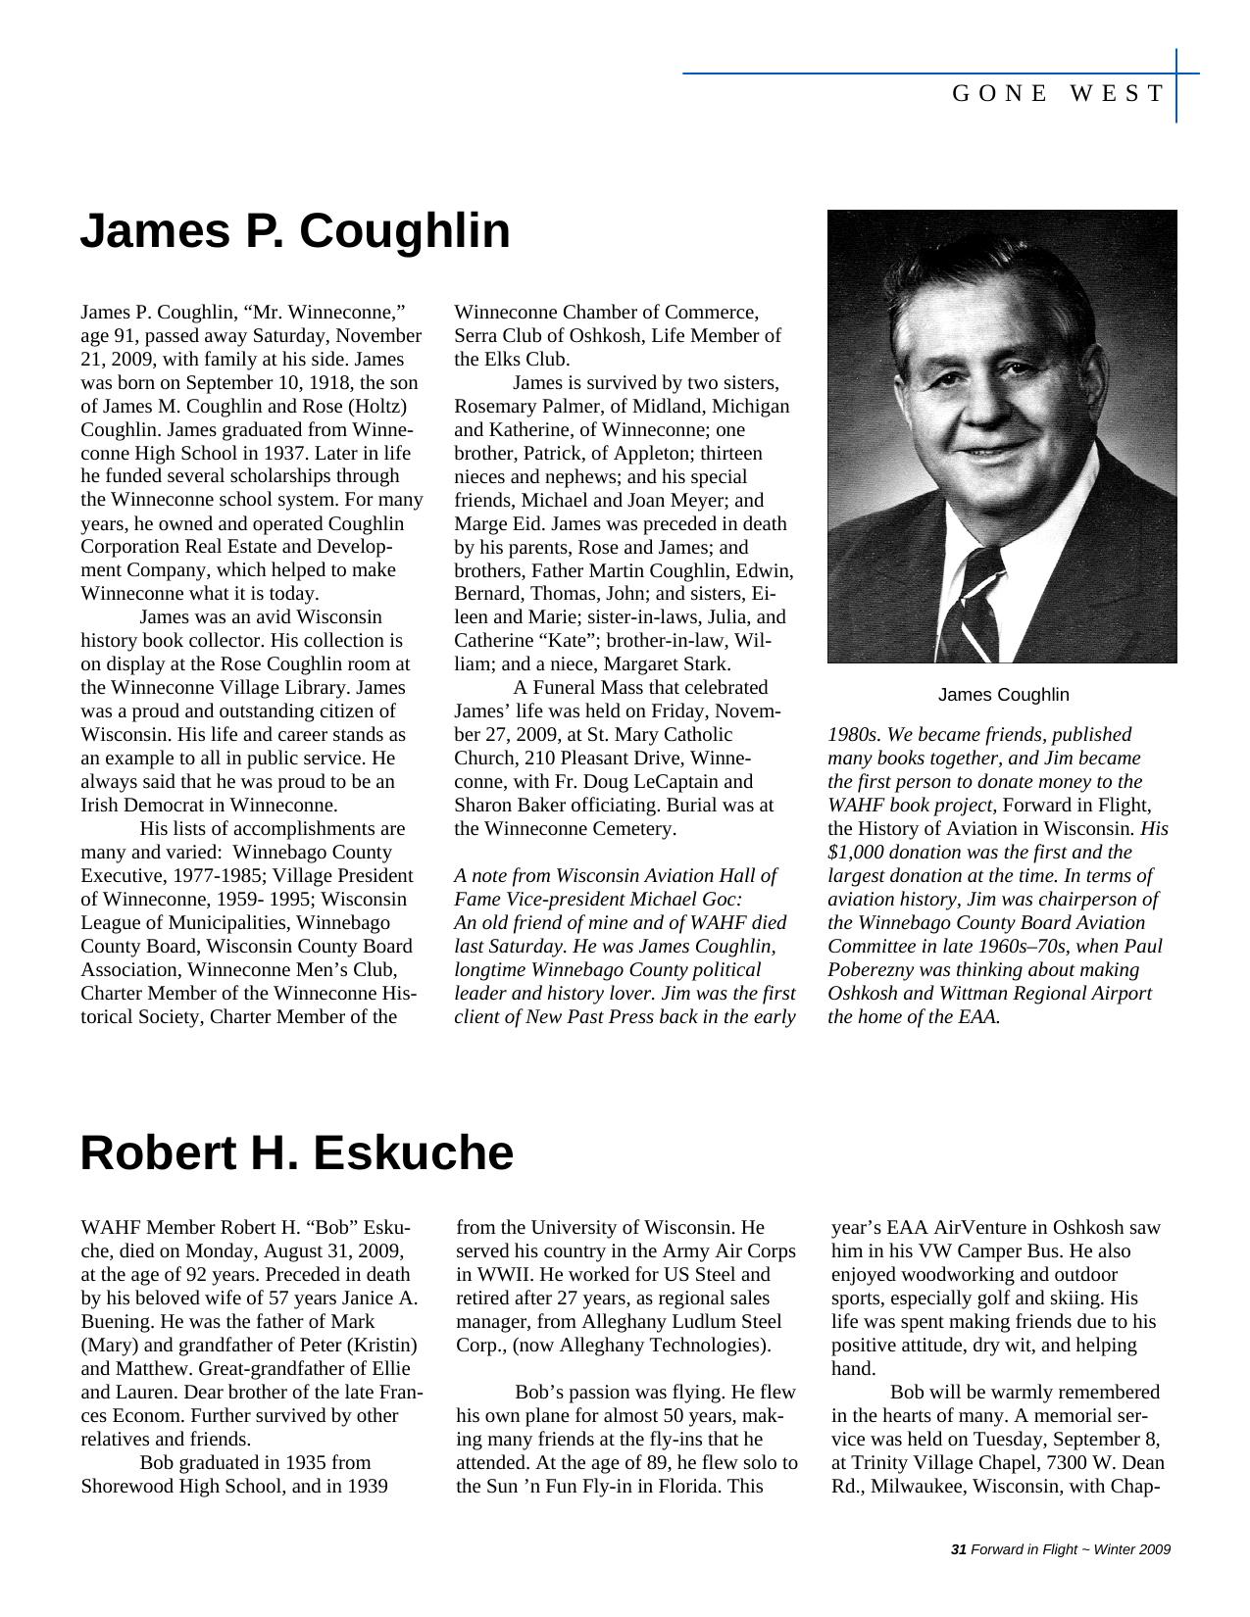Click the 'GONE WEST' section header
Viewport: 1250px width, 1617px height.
(1058, 94)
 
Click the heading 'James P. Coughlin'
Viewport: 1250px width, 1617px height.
(294, 232)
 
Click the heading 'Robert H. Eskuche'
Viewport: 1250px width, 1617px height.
(296, 1153)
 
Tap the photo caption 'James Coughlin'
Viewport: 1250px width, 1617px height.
(1003, 695)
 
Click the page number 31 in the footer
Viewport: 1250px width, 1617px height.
(959, 1549)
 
